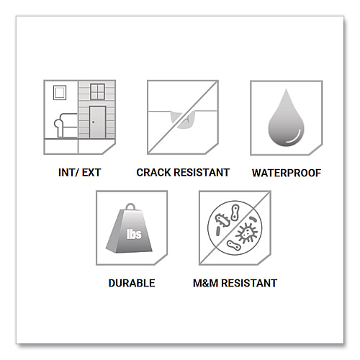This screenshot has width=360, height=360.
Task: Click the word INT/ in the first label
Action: (68, 173)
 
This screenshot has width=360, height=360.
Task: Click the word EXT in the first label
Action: (91, 173)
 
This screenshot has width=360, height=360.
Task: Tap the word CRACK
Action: (153, 173)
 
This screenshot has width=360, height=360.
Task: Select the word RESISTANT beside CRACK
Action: (202, 173)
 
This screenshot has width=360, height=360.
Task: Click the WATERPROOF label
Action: (287, 173)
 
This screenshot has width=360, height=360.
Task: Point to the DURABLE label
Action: (132, 283)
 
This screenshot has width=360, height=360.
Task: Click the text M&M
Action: (206, 283)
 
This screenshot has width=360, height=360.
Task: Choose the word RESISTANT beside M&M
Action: (249, 283)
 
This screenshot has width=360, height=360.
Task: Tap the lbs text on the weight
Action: (134, 234)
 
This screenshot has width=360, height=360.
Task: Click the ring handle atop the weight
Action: (130, 207)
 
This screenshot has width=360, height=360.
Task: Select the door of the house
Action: (97, 122)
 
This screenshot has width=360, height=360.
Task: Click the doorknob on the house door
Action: (93, 122)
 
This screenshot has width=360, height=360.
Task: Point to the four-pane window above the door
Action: (97, 91)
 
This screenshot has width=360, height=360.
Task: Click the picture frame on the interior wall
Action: (60, 93)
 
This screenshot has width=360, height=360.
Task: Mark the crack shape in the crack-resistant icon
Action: (183, 120)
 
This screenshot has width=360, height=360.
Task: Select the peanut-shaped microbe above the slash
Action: (235, 212)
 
